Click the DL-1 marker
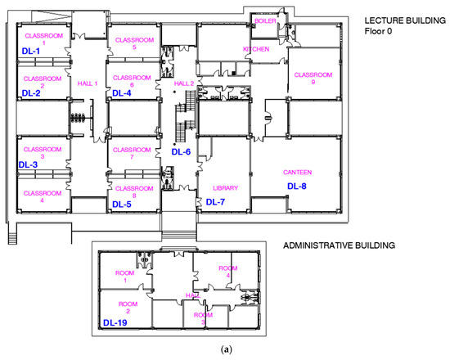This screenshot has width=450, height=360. coord(31,52)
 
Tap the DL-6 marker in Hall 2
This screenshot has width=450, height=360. coord(181,152)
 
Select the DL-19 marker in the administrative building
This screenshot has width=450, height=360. coord(115,322)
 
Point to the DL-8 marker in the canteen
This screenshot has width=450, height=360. coord(297,187)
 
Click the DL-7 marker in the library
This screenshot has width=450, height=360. coord(215,202)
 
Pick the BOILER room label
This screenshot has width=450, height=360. coord(265,21)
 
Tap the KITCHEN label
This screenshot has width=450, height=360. coord(256,49)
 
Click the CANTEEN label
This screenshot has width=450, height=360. coord(297,173)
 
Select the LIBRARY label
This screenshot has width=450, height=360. coord(225,188)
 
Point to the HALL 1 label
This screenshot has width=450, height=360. coord(88,83)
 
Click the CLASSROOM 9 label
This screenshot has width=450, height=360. coord(313,79)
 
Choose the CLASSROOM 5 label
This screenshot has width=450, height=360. coord(134,43)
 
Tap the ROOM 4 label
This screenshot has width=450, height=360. coord(228,272)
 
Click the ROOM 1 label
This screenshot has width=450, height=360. coord(125,277)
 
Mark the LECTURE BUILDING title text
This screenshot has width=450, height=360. coord(405,20)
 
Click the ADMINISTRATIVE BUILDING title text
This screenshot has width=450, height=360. coord(339,245)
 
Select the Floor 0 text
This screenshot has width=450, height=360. coord(378,31)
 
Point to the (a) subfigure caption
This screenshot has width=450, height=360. coord(226,349)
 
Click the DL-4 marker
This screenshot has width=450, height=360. coord(122,93)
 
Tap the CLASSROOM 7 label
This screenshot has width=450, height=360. coord(132,153)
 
